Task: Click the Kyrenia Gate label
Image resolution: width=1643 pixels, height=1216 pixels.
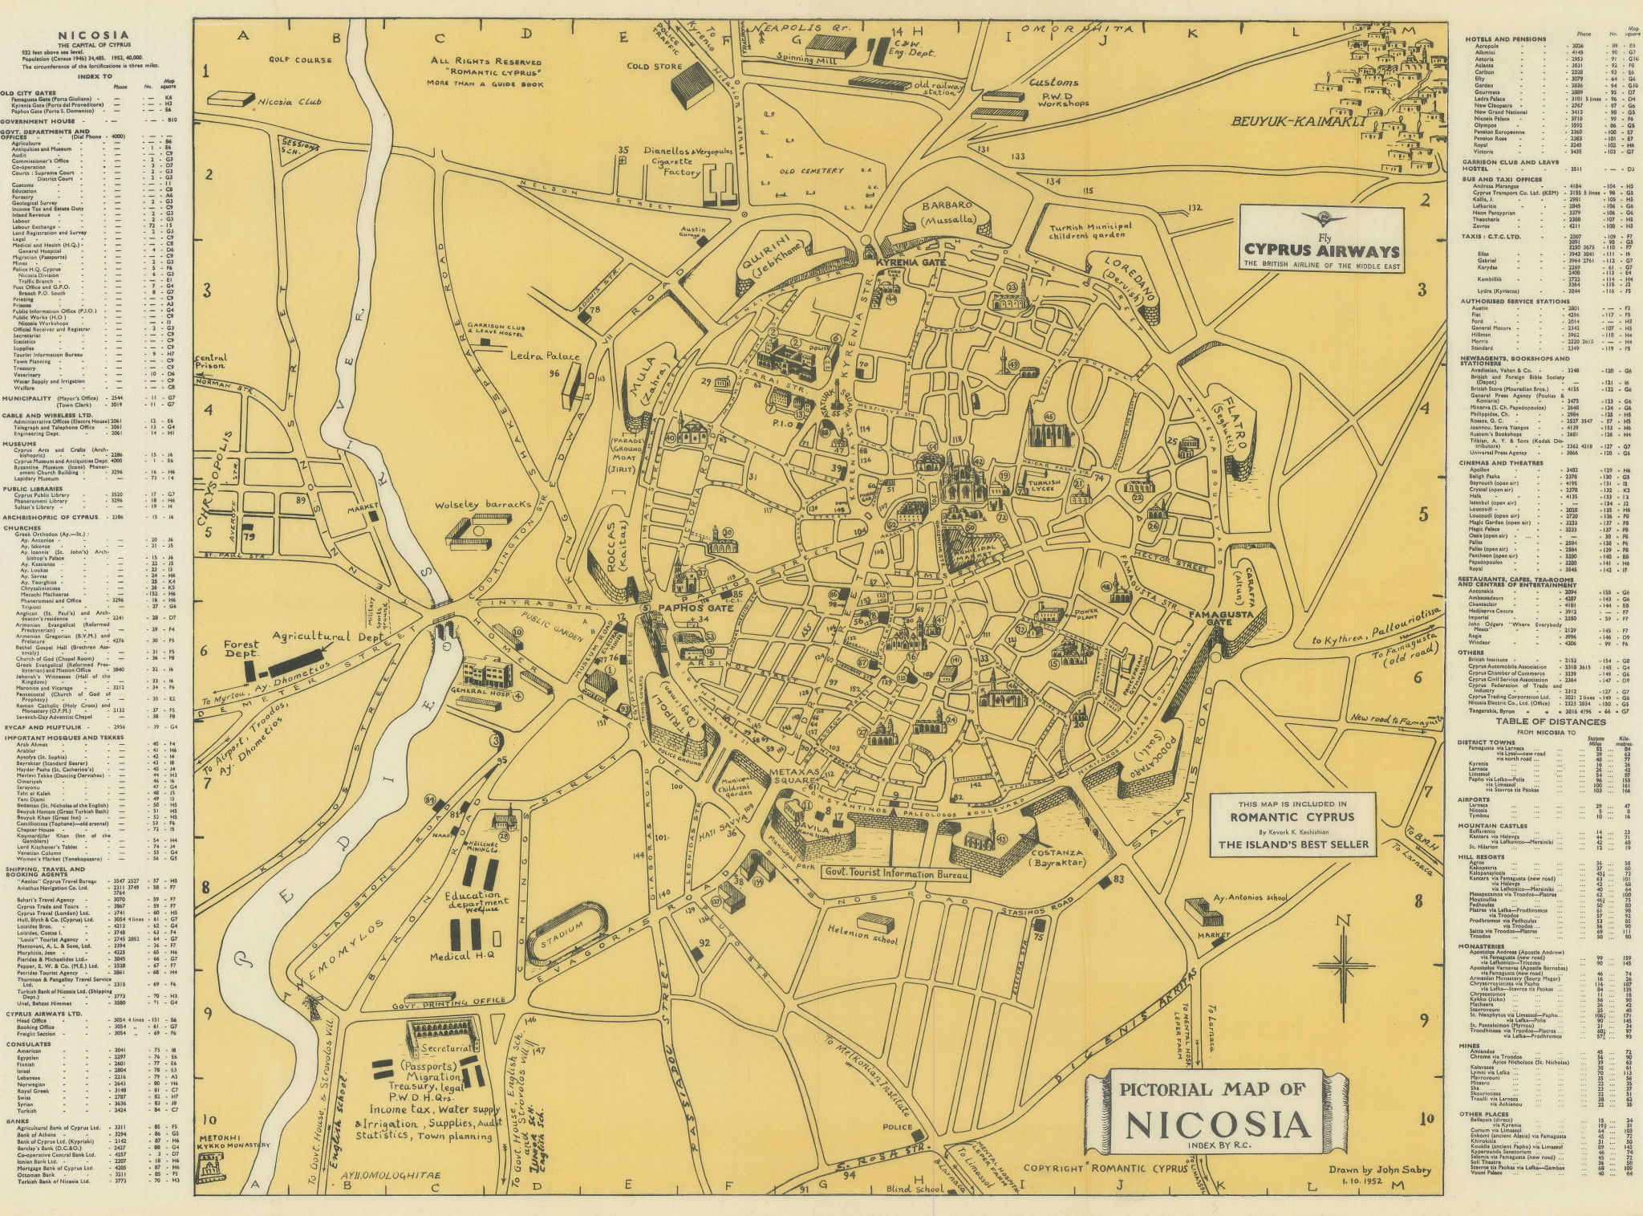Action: tap(903, 263)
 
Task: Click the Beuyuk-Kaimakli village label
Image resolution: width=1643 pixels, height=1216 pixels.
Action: tap(1294, 122)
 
